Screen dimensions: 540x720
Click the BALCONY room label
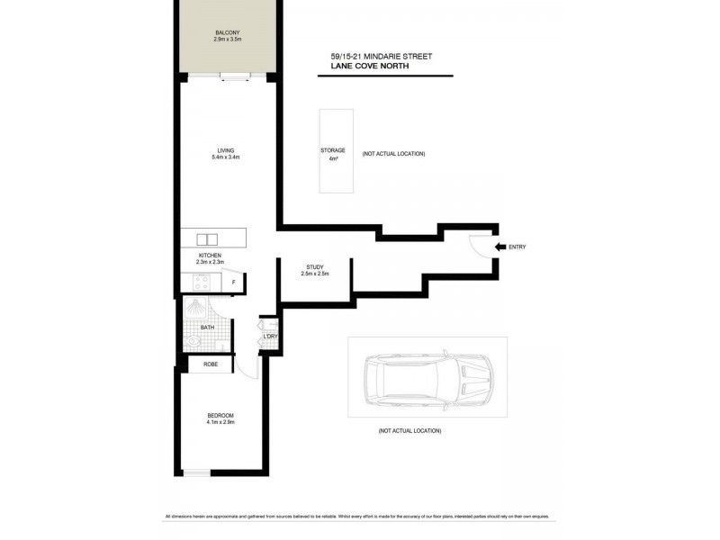tap(227, 32)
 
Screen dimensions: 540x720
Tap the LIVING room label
tap(226, 150)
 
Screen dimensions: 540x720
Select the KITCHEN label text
tap(210, 255)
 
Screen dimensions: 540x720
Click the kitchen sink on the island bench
tap(206, 239)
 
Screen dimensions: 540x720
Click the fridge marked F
tap(233, 283)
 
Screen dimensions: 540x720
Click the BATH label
tap(207, 328)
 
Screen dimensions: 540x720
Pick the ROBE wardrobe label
tap(211, 364)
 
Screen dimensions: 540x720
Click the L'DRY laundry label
tap(269, 337)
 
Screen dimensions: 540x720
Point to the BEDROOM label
tap(220, 415)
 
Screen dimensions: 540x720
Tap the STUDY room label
tap(315, 267)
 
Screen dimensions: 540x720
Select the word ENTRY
tap(517, 247)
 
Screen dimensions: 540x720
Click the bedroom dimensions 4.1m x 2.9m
tap(220, 422)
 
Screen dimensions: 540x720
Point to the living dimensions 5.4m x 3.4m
tap(226, 157)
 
